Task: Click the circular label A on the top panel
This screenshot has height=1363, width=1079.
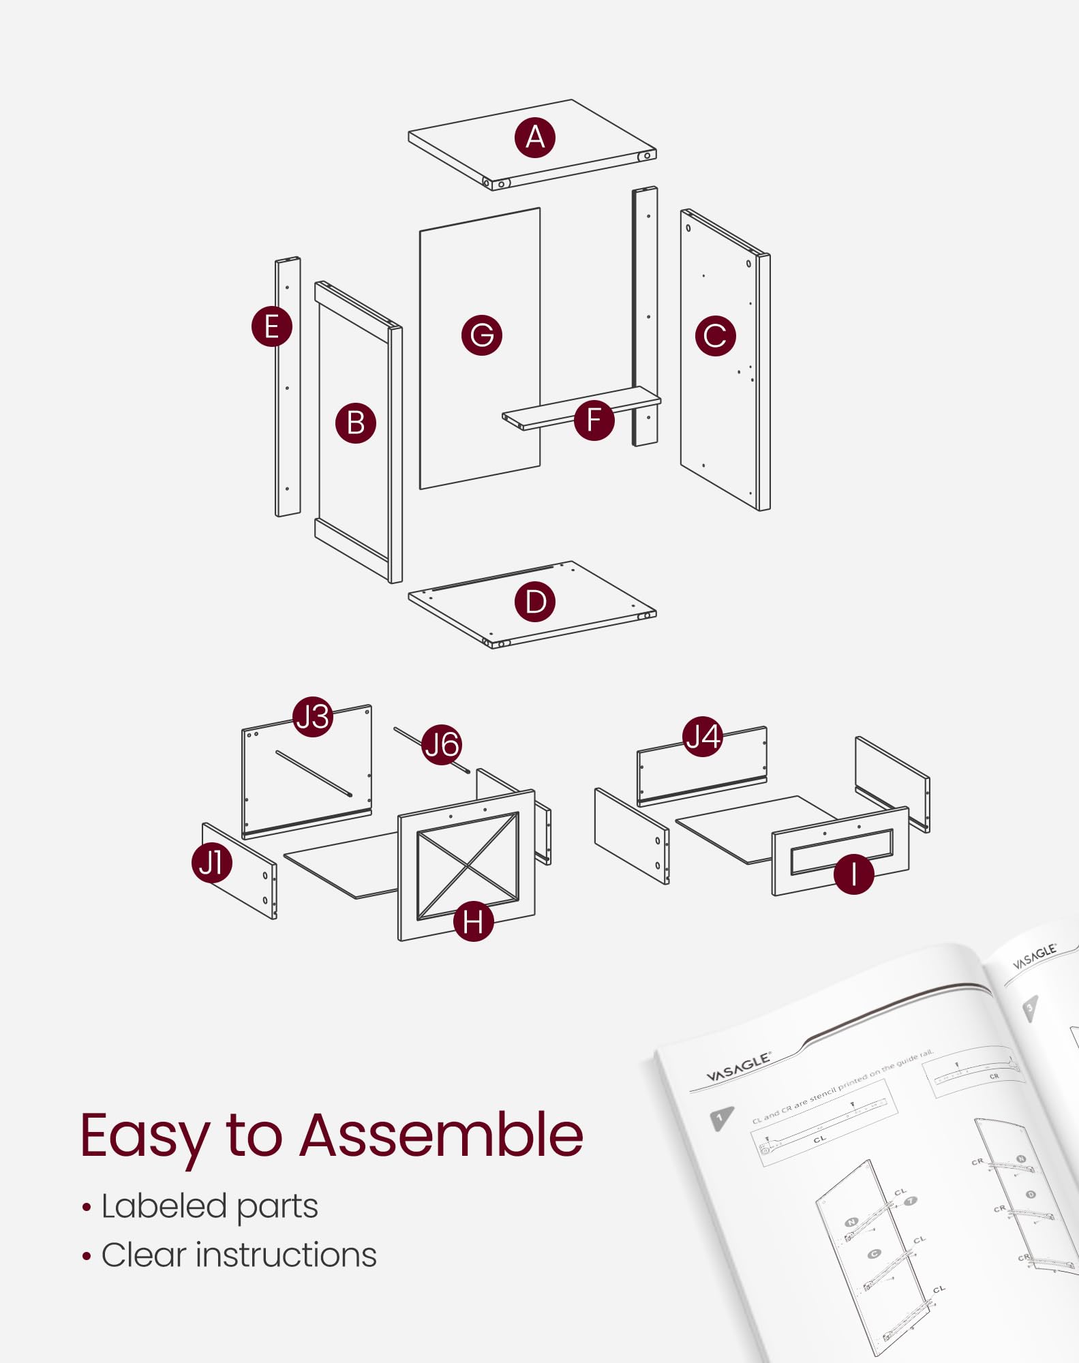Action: (x=535, y=138)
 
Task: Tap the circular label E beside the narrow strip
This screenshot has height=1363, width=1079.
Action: (x=271, y=326)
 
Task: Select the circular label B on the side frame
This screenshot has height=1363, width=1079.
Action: (x=355, y=423)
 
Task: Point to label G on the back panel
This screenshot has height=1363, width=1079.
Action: (x=481, y=335)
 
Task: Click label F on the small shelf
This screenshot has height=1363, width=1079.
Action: (x=594, y=420)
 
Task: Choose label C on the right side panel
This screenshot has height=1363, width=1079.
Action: (x=715, y=335)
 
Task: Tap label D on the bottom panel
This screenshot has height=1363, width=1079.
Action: (x=535, y=602)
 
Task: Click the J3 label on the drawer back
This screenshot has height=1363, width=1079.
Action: (x=313, y=717)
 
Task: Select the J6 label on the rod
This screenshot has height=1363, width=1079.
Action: (x=442, y=744)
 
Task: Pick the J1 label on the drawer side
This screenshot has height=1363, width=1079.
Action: (x=211, y=863)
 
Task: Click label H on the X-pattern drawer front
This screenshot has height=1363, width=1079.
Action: (x=473, y=921)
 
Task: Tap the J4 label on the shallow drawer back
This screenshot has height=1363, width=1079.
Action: (x=703, y=737)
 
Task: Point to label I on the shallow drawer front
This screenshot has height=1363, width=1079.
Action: (x=853, y=874)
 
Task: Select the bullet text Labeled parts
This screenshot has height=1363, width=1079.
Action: (x=209, y=1206)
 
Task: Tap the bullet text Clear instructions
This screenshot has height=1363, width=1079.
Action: (x=239, y=1255)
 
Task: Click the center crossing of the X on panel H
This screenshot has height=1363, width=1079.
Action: (x=468, y=866)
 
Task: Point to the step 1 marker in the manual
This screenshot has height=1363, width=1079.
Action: (x=720, y=1118)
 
